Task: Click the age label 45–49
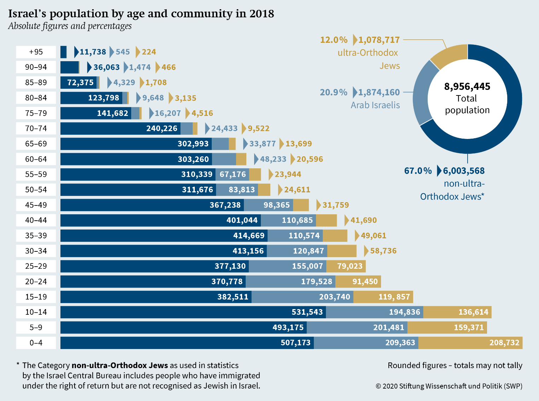(x=36, y=205)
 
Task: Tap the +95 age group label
(x=36, y=52)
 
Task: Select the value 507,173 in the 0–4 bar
(x=295, y=343)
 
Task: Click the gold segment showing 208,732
(x=470, y=343)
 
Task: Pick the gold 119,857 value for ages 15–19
(x=394, y=297)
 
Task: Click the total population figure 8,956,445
(x=467, y=87)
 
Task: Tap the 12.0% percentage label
(x=334, y=40)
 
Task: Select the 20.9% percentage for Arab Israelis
(x=333, y=92)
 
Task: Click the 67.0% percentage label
(x=418, y=171)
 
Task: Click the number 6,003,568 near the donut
(x=464, y=171)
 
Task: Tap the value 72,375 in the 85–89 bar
(x=80, y=83)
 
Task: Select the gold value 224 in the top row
(x=149, y=52)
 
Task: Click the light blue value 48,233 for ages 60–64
(x=273, y=159)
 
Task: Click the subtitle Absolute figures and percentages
(x=70, y=26)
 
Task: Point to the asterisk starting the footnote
(x=18, y=364)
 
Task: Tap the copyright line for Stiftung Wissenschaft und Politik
(x=449, y=386)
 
